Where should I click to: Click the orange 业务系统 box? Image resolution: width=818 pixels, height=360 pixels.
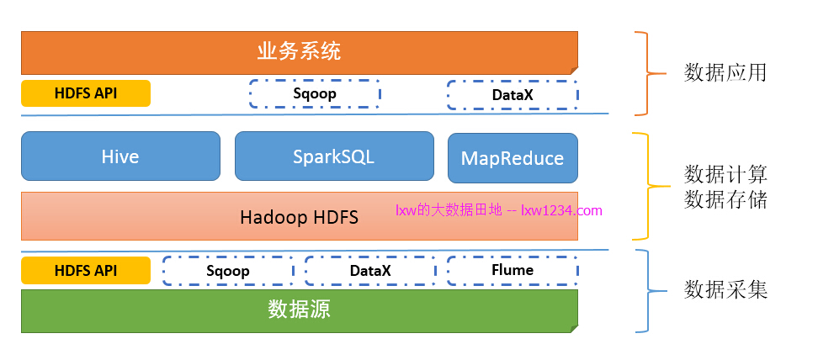point(299,52)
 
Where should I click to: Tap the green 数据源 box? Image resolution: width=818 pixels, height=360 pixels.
point(299,310)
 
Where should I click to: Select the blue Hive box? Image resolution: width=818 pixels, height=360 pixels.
point(120,156)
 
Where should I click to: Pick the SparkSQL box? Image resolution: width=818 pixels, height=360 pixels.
point(333,156)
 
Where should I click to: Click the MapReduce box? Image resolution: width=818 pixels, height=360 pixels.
point(513,158)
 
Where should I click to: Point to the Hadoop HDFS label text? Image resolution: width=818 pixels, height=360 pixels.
point(299,217)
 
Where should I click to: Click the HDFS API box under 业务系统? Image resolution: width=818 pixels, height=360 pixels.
point(86,93)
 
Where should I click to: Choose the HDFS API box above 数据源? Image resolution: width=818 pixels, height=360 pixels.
point(86,271)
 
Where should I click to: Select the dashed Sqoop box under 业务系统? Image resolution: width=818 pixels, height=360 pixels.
point(315,93)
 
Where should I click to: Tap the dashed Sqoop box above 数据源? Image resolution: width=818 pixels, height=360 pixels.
point(228,271)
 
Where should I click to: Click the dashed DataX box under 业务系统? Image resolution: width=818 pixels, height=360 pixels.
point(513,95)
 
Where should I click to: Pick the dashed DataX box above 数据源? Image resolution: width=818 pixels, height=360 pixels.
point(370,271)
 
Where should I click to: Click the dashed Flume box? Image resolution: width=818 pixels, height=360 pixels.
point(513,271)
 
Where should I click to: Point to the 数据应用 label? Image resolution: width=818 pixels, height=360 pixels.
point(725,72)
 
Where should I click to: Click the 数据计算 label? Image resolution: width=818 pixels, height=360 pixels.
point(725,174)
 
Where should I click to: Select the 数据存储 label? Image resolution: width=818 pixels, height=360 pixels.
point(725,199)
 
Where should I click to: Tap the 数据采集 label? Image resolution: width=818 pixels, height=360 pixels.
point(725,290)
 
